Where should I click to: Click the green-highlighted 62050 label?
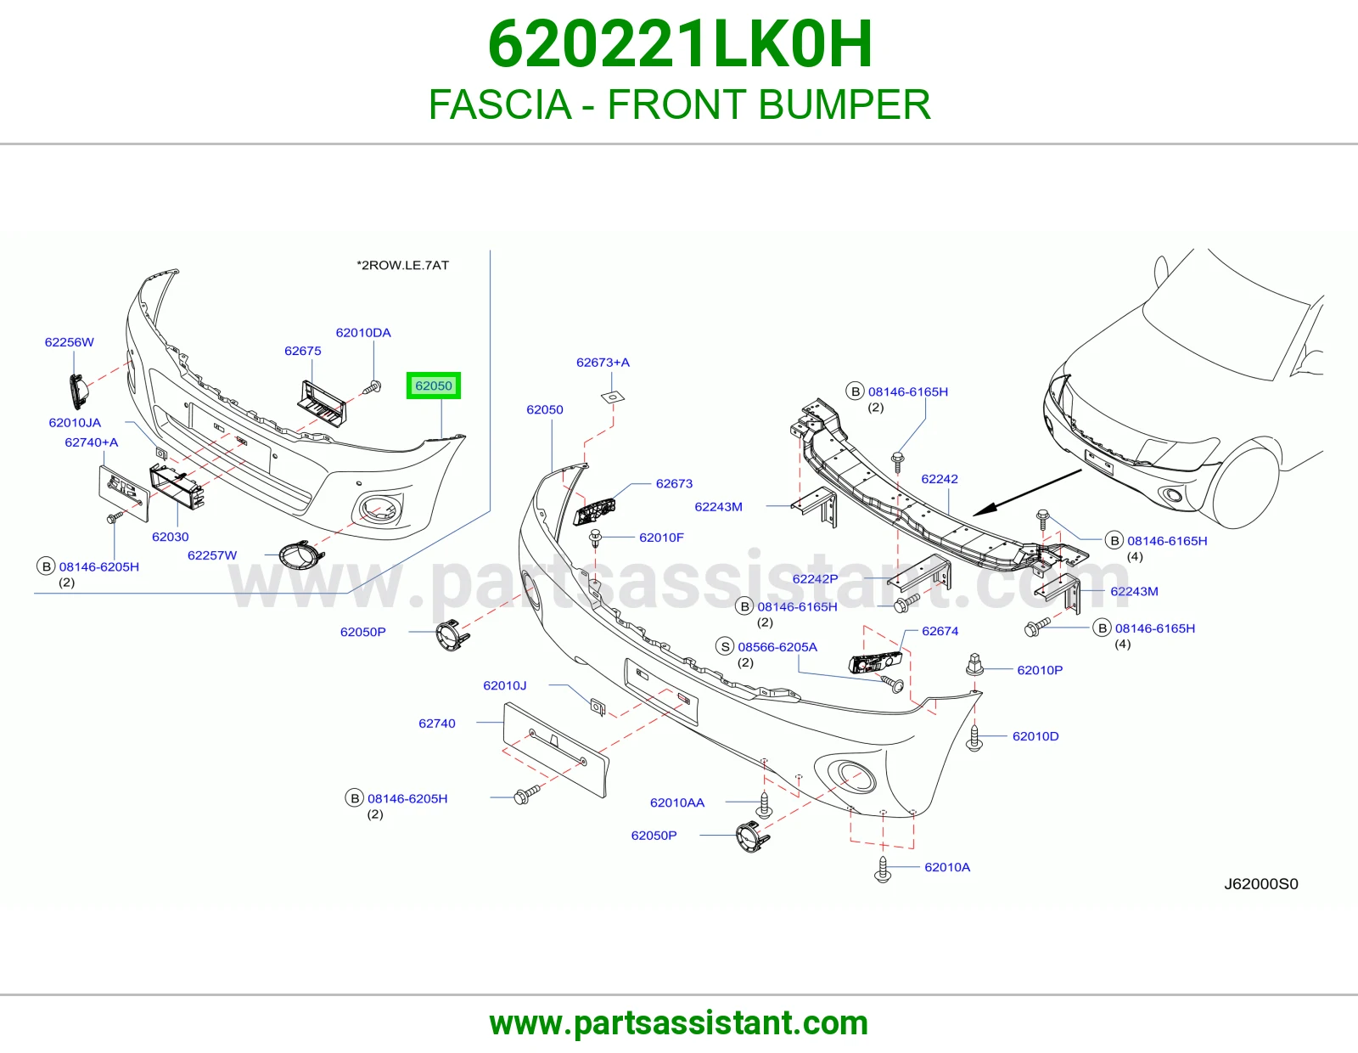[x=433, y=386]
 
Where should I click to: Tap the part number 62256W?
[x=70, y=342]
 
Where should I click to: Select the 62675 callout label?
[x=302, y=351]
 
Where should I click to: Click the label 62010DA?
[x=363, y=333]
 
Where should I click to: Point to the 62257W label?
[x=212, y=555]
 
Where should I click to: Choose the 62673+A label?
[x=603, y=363]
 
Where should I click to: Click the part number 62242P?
[x=815, y=579]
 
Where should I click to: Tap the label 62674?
[x=940, y=631]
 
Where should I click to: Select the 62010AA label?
[x=677, y=802]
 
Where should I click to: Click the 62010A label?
[x=947, y=867]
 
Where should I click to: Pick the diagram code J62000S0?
[x=1261, y=884]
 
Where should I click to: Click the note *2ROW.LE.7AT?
[x=402, y=265]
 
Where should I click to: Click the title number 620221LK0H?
[x=679, y=44]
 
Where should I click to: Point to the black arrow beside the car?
[x=1027, y=493]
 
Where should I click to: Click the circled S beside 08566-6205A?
[x=725, y=646]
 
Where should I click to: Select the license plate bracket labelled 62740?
[x=556, y=750]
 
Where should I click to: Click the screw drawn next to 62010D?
[x=974, y=739]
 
